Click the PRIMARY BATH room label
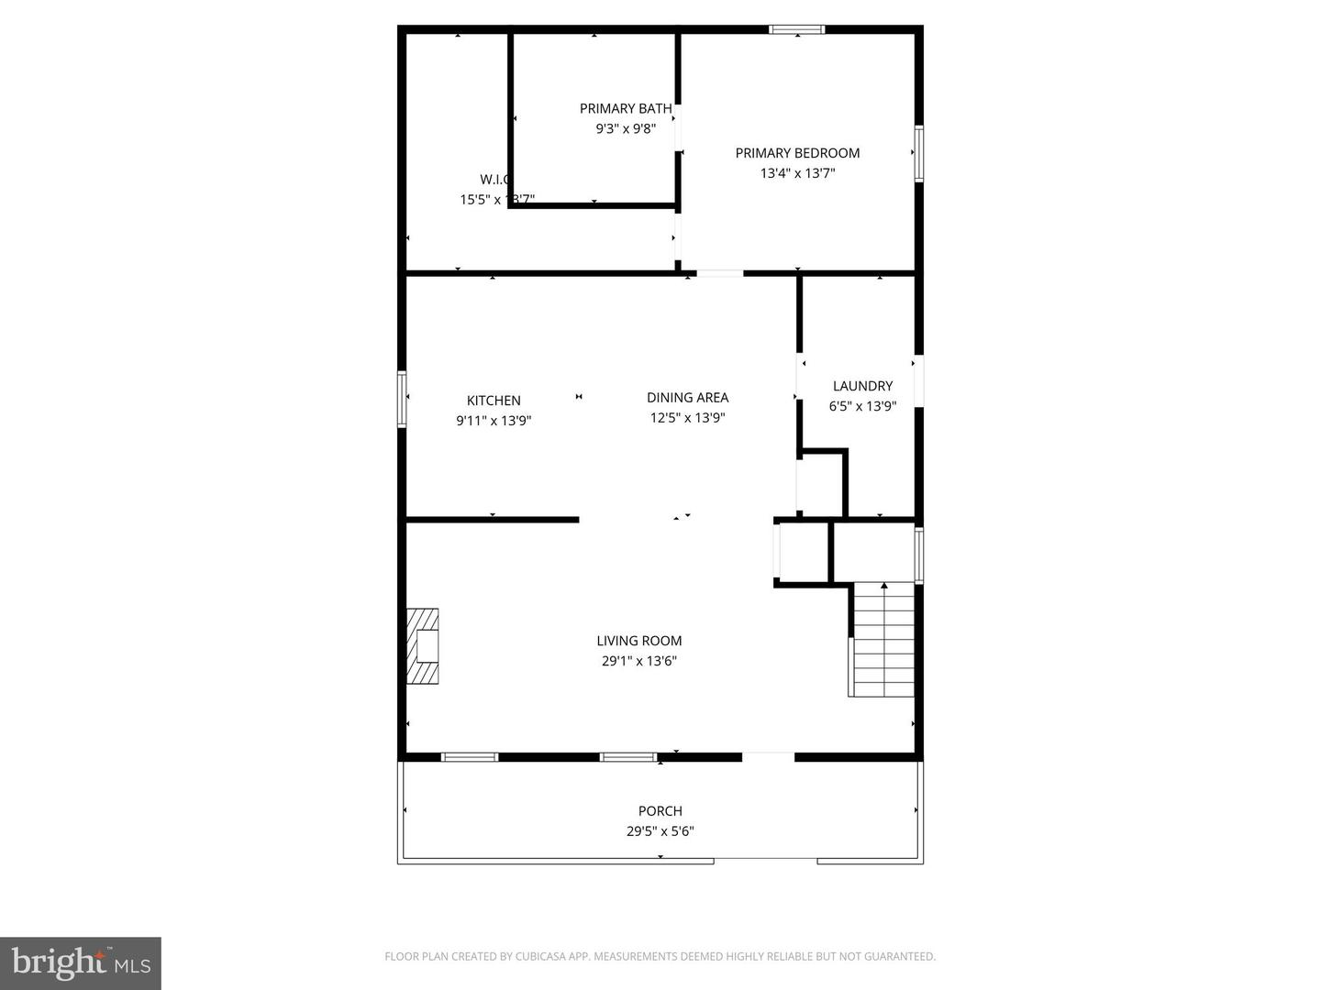625,108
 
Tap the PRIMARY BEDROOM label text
797,153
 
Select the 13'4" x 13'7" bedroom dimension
797,173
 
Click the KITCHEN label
494,401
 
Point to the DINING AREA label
687,397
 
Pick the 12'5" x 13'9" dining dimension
687,418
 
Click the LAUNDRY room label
862,386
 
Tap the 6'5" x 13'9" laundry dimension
862,406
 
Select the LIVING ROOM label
638,641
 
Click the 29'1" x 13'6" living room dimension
638,661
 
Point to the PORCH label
660,811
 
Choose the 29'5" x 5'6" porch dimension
660,831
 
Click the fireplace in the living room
423,646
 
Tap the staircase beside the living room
883,640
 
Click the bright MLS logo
81,962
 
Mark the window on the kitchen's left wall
402,399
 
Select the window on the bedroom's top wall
796,29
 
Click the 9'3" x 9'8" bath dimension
625,129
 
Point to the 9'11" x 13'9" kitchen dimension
494,421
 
